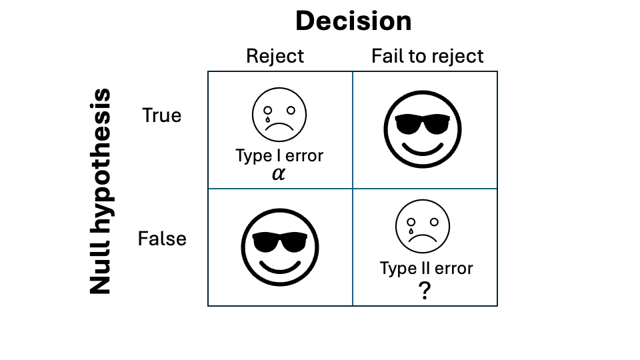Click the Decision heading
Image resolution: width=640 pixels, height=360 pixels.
point(353,21)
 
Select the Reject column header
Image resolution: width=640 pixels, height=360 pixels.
point(275,56)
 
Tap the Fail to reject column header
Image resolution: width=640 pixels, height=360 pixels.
point(427,56)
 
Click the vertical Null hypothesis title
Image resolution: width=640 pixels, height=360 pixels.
point(101,191)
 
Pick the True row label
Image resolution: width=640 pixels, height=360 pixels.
point(161,115)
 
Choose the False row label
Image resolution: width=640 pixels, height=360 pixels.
point(162,239)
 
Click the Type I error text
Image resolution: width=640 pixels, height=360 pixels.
point(279,156)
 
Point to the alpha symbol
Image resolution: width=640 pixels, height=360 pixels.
point(279,174)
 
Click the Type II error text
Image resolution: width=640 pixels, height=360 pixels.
point(427,269)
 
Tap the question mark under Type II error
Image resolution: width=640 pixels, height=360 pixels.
point(425,290)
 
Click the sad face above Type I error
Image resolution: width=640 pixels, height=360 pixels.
point(279,115)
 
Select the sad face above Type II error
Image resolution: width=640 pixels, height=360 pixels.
point(423,227)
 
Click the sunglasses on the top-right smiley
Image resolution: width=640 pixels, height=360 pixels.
point(423,124)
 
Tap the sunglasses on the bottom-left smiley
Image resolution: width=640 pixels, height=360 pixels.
point(279,242)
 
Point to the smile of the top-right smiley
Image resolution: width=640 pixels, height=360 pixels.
point(423,149)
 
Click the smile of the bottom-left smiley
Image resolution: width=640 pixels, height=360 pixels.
point(280,267)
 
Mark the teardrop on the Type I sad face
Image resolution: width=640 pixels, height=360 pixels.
point(268,119)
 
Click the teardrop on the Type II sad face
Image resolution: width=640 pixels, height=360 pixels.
point(411,231)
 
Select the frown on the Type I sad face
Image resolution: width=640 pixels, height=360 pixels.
point(279,126)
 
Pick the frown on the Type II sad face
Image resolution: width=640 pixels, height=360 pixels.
point(423,237)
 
